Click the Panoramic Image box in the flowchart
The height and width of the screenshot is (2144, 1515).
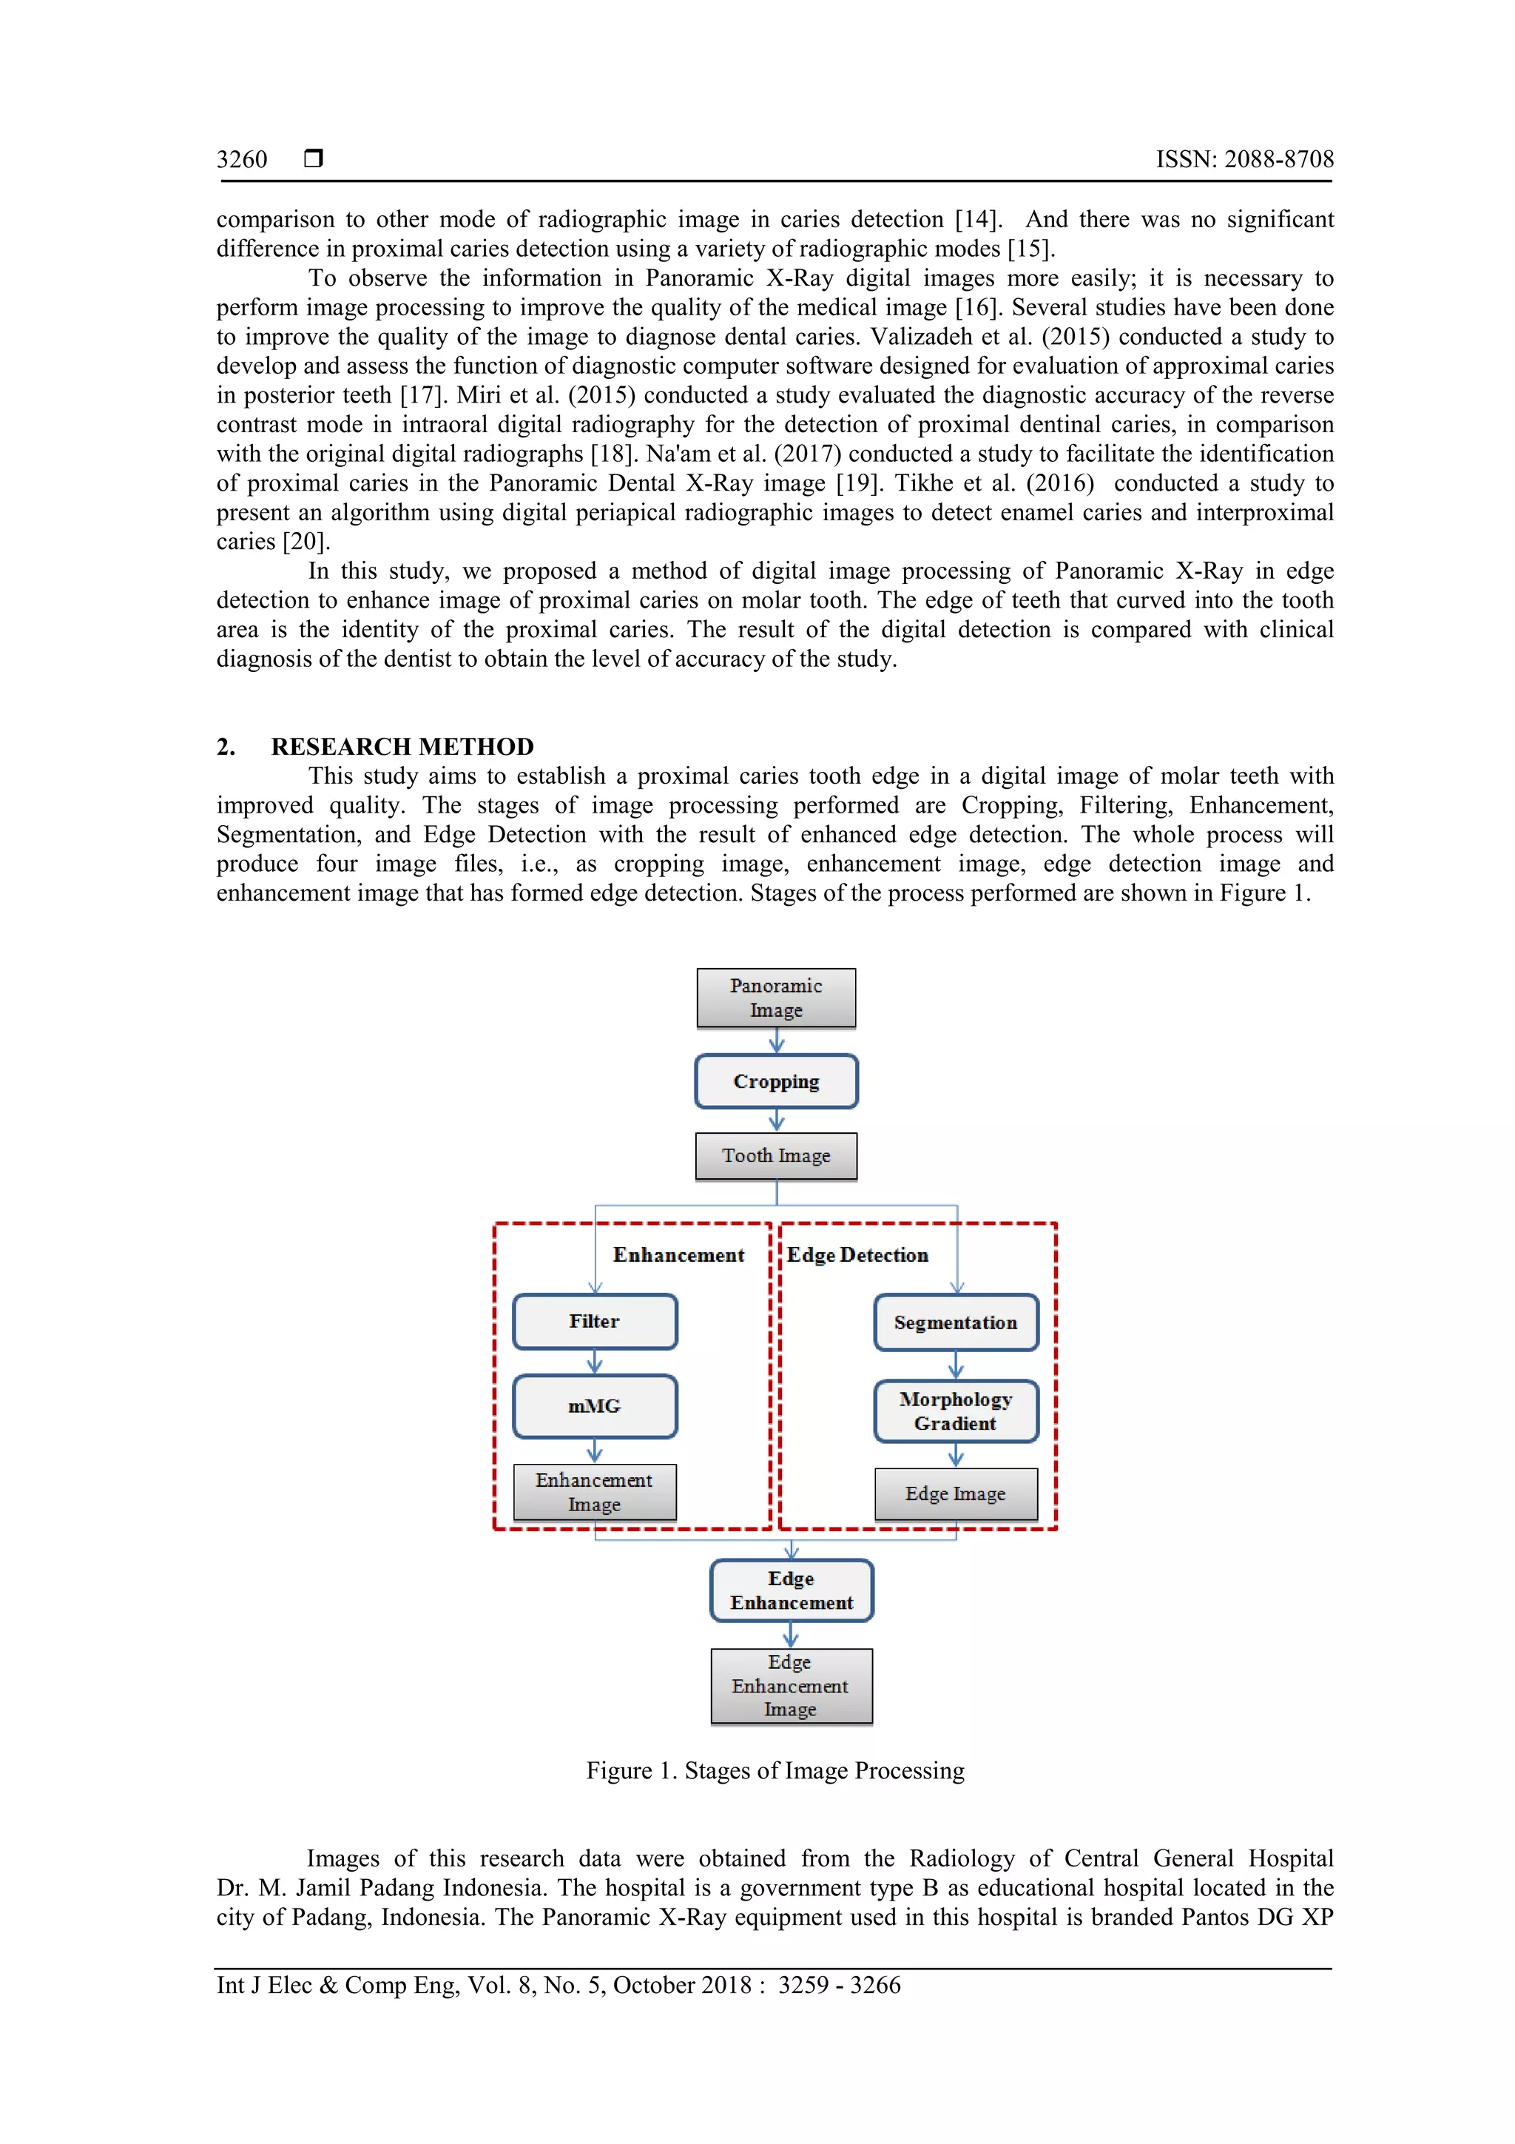(776, 998)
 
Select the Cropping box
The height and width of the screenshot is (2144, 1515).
(776, 1081)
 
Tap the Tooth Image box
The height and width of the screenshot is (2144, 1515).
(776, 1156)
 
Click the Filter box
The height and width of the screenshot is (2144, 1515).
(595, 1321)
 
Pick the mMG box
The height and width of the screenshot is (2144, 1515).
(595, 1406)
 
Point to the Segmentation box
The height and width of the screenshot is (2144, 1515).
(955, 1323)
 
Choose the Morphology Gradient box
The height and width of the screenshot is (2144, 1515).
(955, 1411)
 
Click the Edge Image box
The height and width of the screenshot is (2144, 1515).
(955, 1494)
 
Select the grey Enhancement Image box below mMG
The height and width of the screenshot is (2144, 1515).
(595, 1492)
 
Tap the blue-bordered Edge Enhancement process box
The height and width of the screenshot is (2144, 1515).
(792, 1590)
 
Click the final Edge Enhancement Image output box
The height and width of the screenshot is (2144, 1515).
(791, 1685)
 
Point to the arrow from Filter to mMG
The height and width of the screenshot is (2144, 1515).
(595, 1362)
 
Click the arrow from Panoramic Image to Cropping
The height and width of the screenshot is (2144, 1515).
(777, 1041)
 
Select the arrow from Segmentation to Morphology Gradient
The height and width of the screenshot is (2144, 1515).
(956, 1365)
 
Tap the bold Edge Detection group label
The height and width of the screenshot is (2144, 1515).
(857, 1255)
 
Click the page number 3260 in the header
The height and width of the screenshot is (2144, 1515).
(242, 160)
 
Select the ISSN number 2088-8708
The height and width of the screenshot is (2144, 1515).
(1278, 160)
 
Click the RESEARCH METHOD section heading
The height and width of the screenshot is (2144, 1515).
(402, 747)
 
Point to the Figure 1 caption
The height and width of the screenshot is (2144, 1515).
(775, 1770)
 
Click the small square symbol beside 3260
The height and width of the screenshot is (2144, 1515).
(314, 158)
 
